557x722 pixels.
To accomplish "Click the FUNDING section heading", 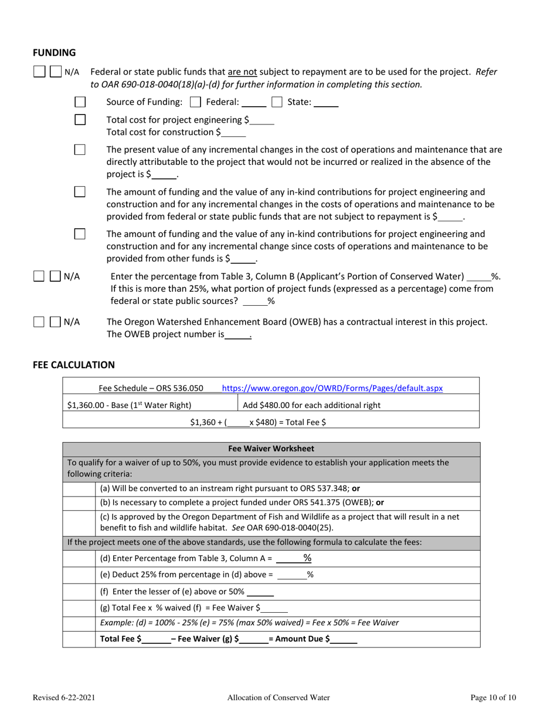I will [54, 53].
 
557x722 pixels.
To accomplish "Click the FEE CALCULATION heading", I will [74, 365].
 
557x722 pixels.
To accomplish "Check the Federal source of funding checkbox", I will [196, 102].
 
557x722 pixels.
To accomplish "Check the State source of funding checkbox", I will [277, 102].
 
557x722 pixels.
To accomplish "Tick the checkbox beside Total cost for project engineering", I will [80, 120].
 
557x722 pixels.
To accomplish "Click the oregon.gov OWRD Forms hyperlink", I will [332, 388].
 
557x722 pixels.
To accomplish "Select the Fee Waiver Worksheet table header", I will [271, 448].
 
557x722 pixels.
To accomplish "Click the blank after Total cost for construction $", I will [235, 133].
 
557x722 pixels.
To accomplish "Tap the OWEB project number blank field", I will [238, 335].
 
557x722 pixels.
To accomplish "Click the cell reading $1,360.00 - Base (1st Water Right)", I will [130, 405].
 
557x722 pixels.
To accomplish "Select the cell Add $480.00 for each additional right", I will [311, 405].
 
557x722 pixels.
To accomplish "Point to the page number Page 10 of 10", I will [493, 698].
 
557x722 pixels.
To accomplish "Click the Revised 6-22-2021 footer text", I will [64, 698].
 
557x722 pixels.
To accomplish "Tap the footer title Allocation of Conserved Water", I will [278, 698].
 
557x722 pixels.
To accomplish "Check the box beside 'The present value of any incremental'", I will [80, 150].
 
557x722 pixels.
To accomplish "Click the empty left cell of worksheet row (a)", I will [79, 488].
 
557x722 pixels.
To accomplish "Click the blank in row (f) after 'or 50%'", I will [261, 592].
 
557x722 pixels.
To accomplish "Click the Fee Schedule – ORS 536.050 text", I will [151, 388].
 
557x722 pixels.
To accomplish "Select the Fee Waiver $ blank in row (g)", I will [275, 608].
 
